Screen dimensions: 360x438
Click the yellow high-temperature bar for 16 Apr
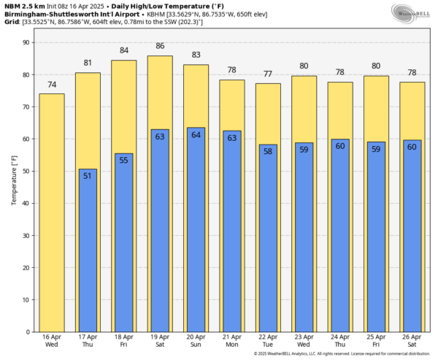click(x=52, y=212)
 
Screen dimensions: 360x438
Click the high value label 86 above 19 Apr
click(x=160, y=46)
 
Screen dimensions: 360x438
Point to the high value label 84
click(x=123, y=50)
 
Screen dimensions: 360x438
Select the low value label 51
click(x=88, y=176)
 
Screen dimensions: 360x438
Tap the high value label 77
click(x=268, y=74)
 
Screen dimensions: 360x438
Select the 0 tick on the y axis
click(x=26, y=332)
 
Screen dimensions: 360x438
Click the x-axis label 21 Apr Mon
click(x=231, y=340)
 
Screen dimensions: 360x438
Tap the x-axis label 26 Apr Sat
click(x=412, y=340)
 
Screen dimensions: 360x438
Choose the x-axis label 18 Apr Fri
click(x=123, y=340)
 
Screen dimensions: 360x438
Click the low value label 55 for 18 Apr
click(x=123, y=160)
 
